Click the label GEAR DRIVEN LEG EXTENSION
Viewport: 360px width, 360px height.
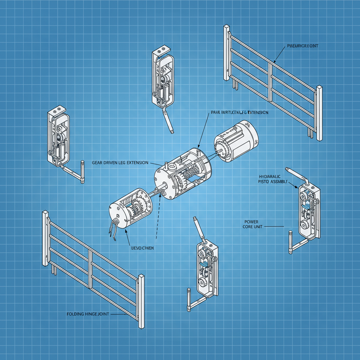point(120,163)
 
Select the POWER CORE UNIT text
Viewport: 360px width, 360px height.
point(250,224)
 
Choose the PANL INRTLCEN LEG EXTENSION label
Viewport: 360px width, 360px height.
point(239,112)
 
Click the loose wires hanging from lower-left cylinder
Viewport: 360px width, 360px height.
point(114,230)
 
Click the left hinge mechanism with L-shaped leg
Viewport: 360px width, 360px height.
point(59,137)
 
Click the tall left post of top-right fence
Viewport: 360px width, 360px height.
point(227,53)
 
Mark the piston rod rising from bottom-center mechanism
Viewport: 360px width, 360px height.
point(199,229)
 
